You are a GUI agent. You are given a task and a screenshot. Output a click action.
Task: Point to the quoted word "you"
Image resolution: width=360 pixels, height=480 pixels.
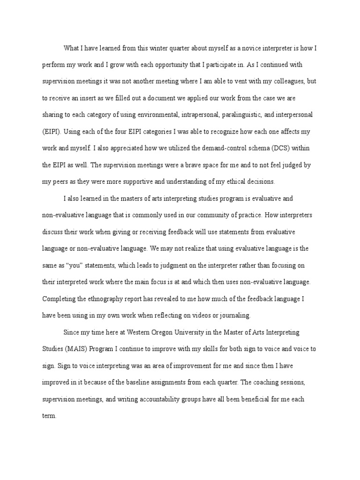[x=70, y=266]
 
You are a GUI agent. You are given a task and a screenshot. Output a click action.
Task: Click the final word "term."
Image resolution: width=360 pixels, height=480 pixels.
[x=49, y=416]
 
